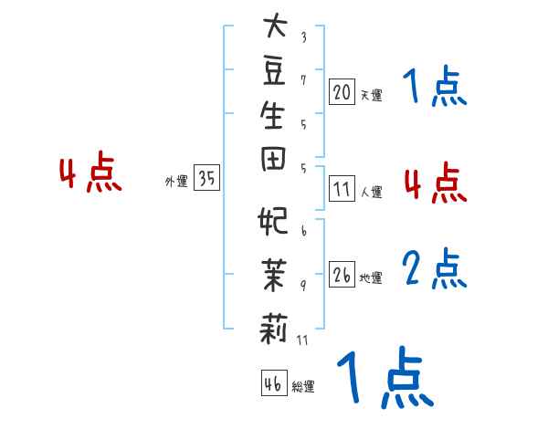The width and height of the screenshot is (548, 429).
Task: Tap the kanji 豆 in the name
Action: (x=273, y=71)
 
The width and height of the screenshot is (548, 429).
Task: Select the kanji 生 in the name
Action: (x=273, y=117)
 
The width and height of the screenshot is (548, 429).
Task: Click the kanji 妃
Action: (x=273, y=223)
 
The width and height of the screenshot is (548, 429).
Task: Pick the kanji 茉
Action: (x=273, y=273)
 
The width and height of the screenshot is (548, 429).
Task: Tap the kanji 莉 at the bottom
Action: (x=273, y=325)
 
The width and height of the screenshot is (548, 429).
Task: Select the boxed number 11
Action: (x=342, y=190)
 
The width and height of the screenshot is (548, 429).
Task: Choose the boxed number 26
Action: (x=342, y=276)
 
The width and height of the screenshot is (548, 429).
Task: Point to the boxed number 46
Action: (x=273, y=383)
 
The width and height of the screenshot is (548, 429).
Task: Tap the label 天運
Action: (x=371, y=94)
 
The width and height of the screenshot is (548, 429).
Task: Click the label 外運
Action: (x=175, y=182)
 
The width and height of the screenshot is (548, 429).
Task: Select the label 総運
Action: (x=303, y=387)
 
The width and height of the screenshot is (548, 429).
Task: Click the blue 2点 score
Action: (x=436, y=267)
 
